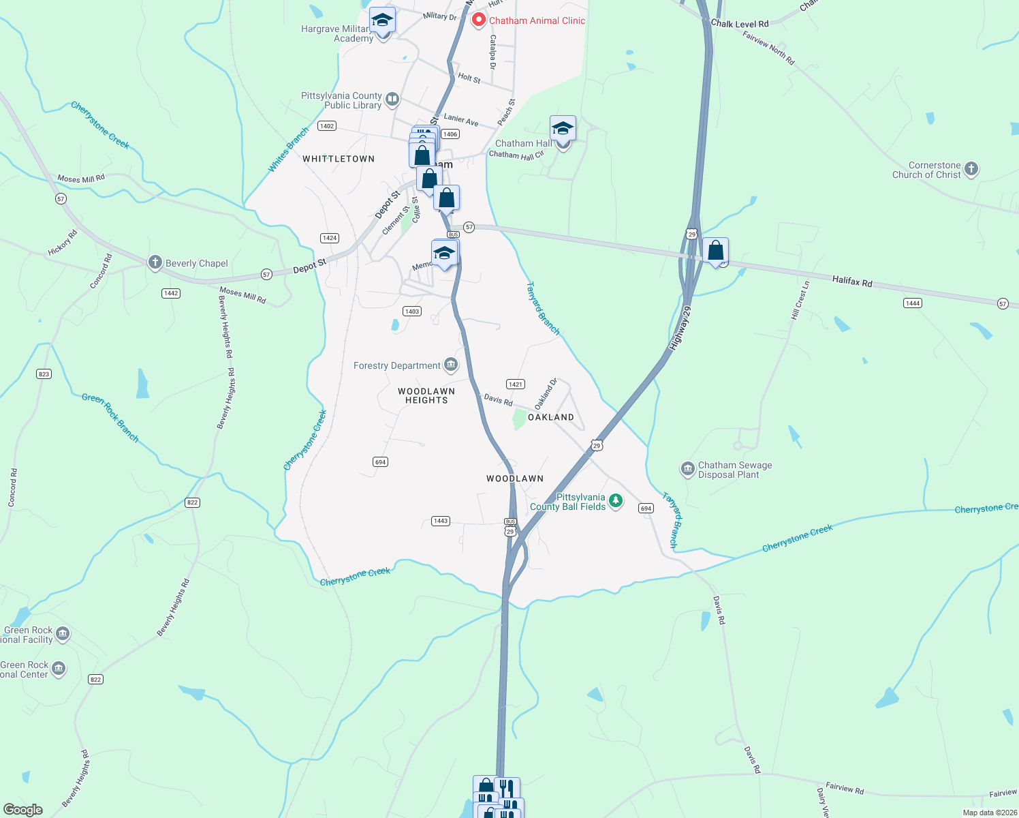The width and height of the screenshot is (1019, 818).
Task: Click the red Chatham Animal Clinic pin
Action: [479, 20]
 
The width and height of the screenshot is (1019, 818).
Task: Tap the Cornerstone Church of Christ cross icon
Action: [971, 169]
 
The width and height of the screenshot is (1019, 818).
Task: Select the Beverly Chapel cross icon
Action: [155, 262]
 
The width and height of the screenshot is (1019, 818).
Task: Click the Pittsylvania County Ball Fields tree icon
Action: [616, 501]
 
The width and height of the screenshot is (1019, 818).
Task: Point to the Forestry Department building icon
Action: [451, 365]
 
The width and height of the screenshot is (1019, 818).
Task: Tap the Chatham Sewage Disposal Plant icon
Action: [687, 469]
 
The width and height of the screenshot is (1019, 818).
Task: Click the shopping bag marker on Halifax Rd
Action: [716, 251]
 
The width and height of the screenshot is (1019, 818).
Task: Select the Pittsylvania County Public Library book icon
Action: [392, 100]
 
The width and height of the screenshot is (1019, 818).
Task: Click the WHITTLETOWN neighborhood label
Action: [339, 159]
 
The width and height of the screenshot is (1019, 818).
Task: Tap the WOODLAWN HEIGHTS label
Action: [426, 396]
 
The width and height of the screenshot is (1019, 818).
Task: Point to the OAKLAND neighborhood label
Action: [551, 417]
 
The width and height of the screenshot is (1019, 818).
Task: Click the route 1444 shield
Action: [913, 303]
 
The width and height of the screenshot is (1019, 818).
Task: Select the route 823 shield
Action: [44, 374]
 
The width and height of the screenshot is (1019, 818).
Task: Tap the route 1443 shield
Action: [441, 521]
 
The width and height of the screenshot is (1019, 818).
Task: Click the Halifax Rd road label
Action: [852, 282]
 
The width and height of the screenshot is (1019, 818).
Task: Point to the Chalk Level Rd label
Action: [740, 24]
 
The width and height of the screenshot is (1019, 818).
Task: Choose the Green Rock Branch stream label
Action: [110, 416]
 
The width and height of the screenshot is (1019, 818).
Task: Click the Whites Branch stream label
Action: [288, 149]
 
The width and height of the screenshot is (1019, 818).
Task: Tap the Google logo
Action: [23, 810]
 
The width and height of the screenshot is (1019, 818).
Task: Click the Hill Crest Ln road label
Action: [800, 301]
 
